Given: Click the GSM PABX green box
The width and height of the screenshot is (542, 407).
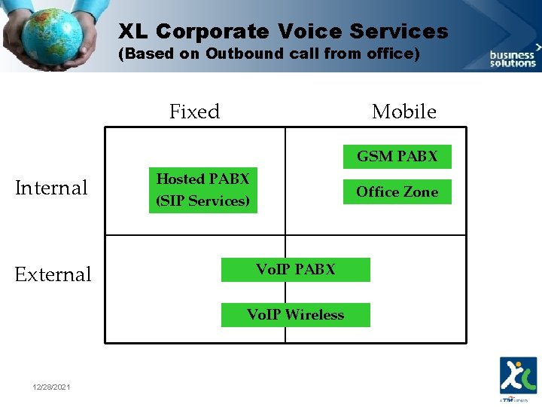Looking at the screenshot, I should (397, 157).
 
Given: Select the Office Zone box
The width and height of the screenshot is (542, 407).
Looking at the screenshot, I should (397, 192).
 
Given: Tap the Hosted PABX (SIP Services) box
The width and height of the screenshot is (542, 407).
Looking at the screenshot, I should (202, 190).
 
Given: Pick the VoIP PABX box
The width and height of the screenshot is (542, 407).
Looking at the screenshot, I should (295, 270).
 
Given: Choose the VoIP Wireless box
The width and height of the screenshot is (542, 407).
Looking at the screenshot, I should (295, 315).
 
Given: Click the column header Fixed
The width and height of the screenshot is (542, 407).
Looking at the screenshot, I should (194, 112).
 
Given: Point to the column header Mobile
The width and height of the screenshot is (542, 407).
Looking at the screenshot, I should (403, 112).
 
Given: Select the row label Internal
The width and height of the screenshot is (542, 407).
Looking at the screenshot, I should (52, 188).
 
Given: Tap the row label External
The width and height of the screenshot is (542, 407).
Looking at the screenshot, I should (53, 274).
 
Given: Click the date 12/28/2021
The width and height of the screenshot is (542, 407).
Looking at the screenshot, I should (52, 387).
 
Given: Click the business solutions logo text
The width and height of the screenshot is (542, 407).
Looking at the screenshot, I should (513, 59).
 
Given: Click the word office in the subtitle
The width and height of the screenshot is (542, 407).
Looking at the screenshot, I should (388, 54).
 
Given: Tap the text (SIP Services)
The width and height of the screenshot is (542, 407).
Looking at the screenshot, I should (202, 201).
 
